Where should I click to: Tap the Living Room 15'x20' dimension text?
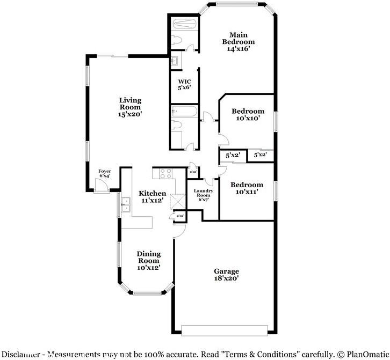point(130,114)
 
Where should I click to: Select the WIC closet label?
point(184,82)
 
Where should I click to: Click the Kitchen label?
point(148,193)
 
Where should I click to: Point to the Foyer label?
point(105,171)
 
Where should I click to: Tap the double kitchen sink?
point(127,204)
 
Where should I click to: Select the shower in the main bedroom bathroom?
point(184,24)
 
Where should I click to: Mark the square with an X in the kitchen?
point(177,201)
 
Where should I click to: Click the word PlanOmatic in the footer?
point(366,354)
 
